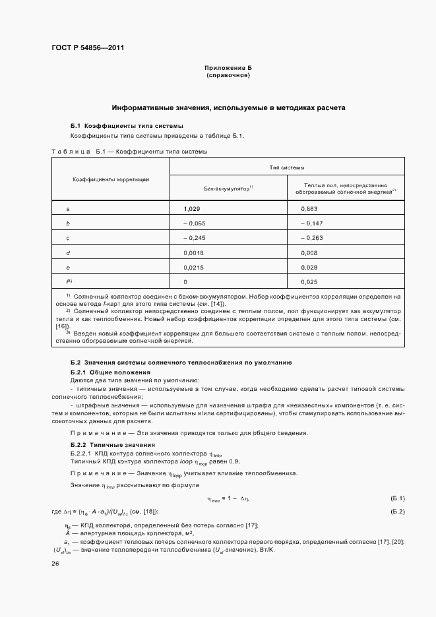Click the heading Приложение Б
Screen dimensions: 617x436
click(228, 69)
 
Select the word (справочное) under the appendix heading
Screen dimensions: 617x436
click(228, 75)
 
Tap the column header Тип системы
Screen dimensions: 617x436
click(287, 168)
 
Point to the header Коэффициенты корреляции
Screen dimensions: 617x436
click(110, 179)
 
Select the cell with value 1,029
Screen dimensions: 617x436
click(192, 209)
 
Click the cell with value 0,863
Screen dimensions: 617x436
click(309, 209)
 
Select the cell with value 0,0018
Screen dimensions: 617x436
click(193, 252)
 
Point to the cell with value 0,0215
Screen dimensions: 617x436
click(193, 267)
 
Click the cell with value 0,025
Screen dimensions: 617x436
click(309, 281)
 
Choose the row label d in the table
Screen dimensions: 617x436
click(69, 252)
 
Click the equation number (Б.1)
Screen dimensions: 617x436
click(398, 498)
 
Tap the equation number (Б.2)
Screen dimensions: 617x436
click(398, 512)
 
